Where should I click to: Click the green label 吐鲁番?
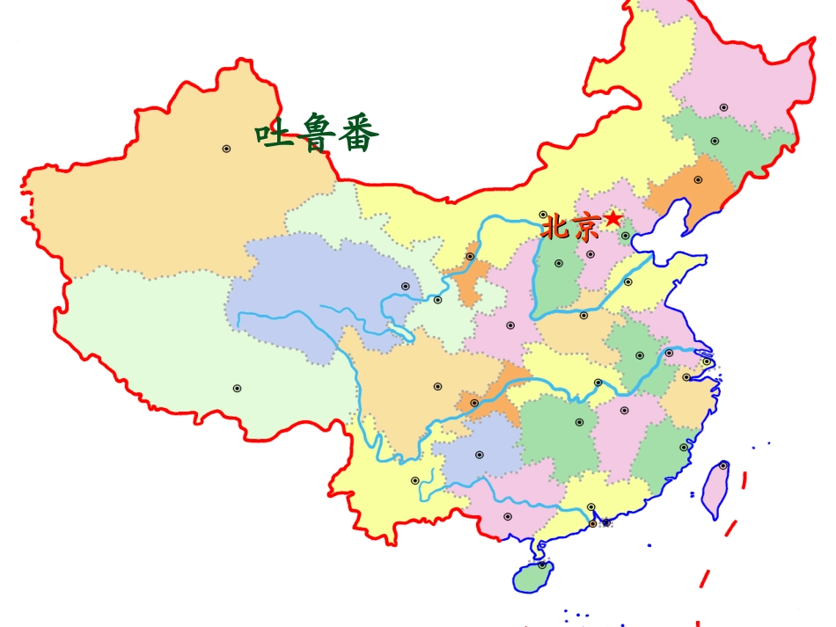tap(317, 134)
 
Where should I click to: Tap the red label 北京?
tap(569, 228)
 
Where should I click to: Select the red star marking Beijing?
tap(613, 217)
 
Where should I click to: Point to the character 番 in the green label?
tap(358, 134)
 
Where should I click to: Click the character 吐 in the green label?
tap(274, 134)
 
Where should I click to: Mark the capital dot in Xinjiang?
tap(226, 149)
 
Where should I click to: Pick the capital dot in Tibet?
tap(237, 388)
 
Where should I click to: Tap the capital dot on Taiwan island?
tap(723, 465)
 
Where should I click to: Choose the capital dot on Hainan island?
tap(542, 565)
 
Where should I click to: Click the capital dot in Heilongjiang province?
tap(723, 107)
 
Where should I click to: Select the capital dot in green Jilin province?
tap(715, 141)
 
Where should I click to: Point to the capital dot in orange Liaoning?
tap(698, 179)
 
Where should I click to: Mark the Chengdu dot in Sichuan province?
tap(437, 386)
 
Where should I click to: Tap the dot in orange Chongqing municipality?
tap(474, 403)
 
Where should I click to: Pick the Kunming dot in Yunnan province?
tap(415, 480)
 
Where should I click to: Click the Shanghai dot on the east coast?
tap(706, 361)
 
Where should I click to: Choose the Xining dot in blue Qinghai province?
tap(406, 286)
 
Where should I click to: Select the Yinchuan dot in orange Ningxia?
tap(470, 257)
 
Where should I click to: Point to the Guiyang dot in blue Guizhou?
tap(480, 455)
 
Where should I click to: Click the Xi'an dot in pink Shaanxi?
tap(510, 325)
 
